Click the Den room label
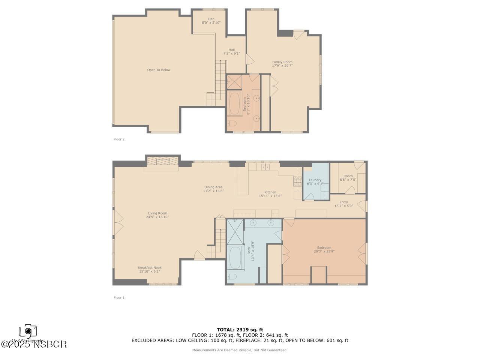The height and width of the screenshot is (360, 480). pyautogui.click(x=211, y=21)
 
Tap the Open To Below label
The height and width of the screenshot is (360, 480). pyautogui.click(x=159, y=70)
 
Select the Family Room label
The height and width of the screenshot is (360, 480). pyautogui.click(x=282, y=64)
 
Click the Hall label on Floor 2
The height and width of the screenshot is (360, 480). pyautogui.click(x=231, y=51)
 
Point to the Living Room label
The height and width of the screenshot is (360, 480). pyautogui.click(x=157, y=215)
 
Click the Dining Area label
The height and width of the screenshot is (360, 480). pyautogui.click(x=213, y=189)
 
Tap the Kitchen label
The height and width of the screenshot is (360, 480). pyautogui.click(x=270, y=194)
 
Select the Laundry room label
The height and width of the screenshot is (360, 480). pyautogui.click(x=315, y=182)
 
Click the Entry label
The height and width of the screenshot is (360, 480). pyautogui.click(x=343, y=204)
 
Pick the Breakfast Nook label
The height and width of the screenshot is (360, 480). pyautogui.click(x=149, y=269)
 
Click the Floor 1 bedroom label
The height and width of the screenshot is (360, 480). pyautogui.click(x=324, y=249)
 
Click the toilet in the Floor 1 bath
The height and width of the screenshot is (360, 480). pyautogui.click(x=232, y=277)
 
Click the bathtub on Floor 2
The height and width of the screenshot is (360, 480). pyautogui.click(x=235, y=103)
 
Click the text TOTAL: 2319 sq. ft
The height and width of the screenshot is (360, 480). pyautogui.click(x=240, y=330)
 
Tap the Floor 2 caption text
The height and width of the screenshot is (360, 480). pyautogui.click(x=119, y=139)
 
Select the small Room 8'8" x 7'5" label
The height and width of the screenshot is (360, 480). pyautogui.click(x=348, y=178)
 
